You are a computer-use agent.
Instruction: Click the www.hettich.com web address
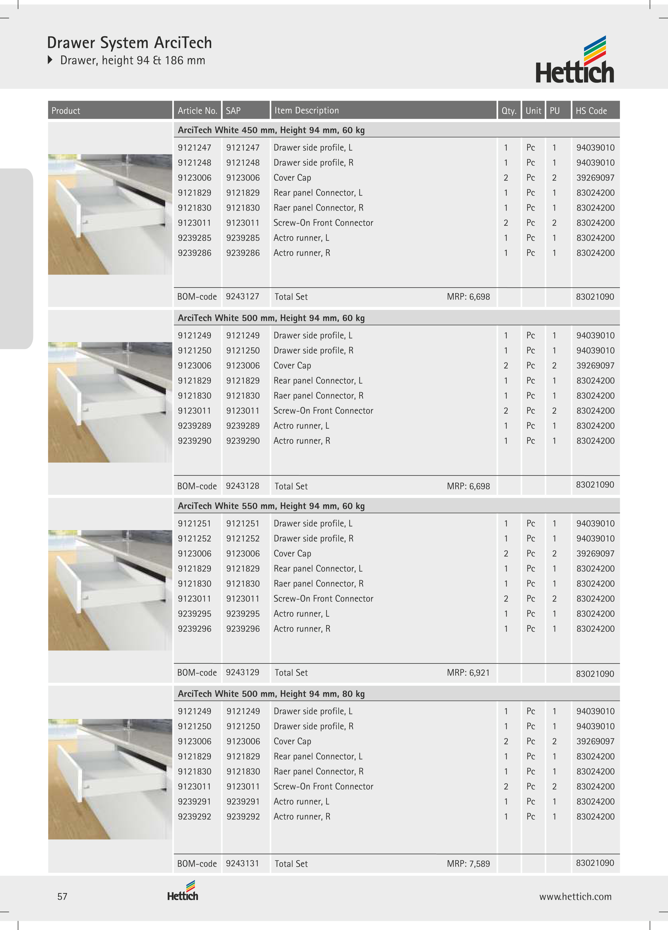click(x=575, y=896)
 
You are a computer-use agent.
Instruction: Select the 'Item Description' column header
click(x=306, y=110)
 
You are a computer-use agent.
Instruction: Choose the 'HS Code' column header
click(x=591, y=111)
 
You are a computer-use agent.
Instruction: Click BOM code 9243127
click(x=242, y=296)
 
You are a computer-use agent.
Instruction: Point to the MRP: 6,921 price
click(x=468, y=673)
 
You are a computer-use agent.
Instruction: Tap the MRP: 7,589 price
click(x=468, y=863)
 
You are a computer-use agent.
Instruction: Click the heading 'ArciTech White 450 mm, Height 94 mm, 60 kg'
click(x=271, y=130)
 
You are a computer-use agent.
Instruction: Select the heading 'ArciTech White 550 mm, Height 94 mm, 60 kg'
click(x=271, y=506)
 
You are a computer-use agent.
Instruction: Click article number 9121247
click(x=194, y=148)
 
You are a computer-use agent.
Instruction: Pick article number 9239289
click(x=194, y=426)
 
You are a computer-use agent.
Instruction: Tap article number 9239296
click(x=194, y=628)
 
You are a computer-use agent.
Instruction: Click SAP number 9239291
click(x=243, y=801)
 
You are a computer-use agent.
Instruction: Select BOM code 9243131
click(x=242, y=863)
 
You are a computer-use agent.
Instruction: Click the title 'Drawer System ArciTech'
click(x=129, y=43)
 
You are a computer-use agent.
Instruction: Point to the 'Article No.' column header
click(x=197, y=111)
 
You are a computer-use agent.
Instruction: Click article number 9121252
click(x=194, y=538)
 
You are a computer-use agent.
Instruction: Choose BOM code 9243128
click(x=242, y=486)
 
